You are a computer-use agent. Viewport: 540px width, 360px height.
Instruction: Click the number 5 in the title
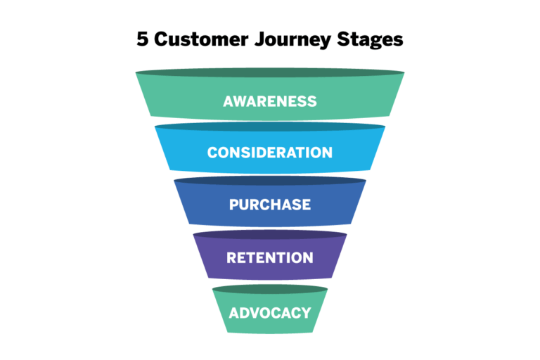[x=142, y=39]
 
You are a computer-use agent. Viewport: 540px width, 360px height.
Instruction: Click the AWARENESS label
[x=270, y=101]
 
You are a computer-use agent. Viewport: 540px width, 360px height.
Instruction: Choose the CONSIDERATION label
[x=270, y=153]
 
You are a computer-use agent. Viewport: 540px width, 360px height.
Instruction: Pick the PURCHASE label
[x=270, y=205]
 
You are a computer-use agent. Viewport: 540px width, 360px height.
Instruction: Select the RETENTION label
[x=270, y=257]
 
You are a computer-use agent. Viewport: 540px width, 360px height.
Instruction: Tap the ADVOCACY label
[x=270, y=312]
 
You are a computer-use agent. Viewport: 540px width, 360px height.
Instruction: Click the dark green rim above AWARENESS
[x=270, y=73]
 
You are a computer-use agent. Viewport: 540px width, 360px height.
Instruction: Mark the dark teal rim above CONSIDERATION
[x=270, y=128]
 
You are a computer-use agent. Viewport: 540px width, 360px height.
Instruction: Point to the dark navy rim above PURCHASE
[x=270, y=181]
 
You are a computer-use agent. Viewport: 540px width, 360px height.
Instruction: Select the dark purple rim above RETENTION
[x=270, y=235]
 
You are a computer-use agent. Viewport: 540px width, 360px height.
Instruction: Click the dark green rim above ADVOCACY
[x=270, y=289]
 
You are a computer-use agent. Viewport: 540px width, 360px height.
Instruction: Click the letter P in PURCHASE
[x=234, y=205]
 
